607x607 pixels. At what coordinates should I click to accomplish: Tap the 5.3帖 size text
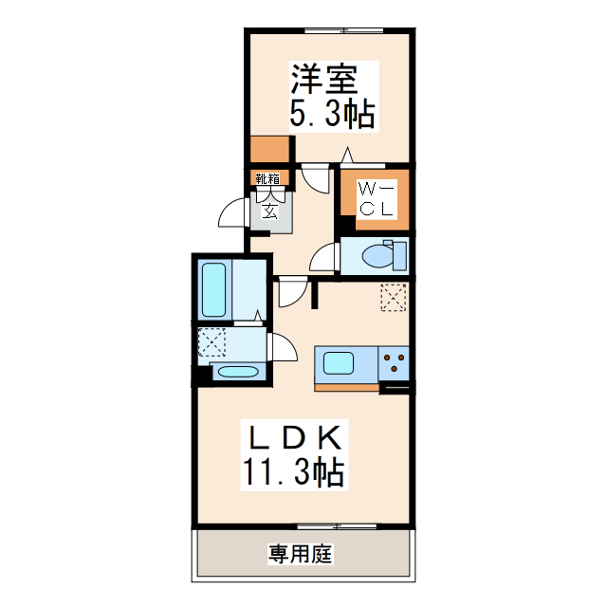331,115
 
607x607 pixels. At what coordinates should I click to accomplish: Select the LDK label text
295,438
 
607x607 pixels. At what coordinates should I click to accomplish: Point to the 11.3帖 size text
293,470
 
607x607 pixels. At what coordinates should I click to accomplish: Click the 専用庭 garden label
301,554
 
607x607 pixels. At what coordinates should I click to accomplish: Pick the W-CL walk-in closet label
377,199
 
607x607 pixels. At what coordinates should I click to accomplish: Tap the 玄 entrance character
269,211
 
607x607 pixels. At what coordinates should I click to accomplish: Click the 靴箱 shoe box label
267,178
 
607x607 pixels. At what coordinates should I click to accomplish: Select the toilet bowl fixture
384,255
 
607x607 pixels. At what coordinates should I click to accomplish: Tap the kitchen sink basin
339,363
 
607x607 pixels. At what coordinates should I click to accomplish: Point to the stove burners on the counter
395,363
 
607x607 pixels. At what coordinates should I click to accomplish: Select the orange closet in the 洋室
271,149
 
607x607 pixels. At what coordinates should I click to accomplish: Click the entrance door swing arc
232,216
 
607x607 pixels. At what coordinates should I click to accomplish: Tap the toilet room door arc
325,257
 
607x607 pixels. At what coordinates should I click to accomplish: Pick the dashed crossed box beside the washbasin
211,340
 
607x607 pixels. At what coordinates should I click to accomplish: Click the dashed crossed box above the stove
393,297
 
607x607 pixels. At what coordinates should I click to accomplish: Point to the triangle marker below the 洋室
348,156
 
